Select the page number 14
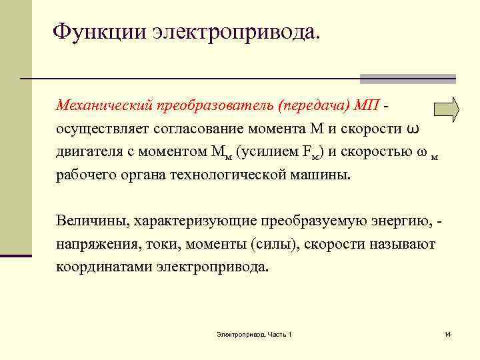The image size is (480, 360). (447, 333)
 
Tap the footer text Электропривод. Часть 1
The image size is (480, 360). (254, 333)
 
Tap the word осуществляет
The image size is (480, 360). (100, 129)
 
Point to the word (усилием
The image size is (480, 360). (275, 152)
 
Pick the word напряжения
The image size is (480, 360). (93, 244)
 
